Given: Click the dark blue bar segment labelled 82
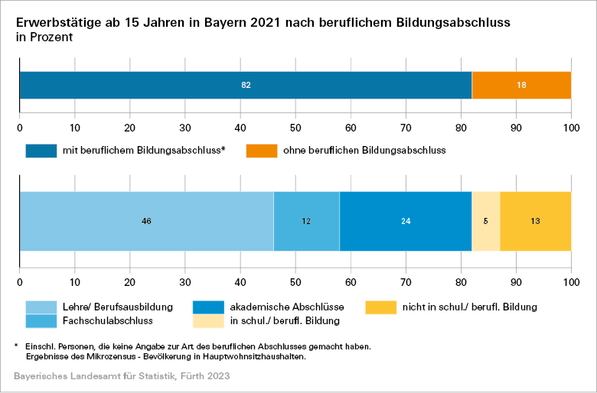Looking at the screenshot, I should (x=246, y=85).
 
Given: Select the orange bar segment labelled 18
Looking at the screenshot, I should (x=521, y=85).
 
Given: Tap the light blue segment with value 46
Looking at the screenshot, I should (x=146, y=221).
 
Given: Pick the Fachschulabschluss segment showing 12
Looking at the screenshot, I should (x=306, y=221).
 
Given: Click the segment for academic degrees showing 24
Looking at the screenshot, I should (x=406, y=221).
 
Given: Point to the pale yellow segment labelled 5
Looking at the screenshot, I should (x=486, y=221).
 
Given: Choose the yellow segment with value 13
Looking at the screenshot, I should (x=536, y=221).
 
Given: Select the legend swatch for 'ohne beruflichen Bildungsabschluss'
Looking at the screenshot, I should (x=262, y=151).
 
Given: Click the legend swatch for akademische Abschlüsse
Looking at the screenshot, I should (x=208, y=307).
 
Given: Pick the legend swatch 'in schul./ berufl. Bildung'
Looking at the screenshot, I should (x=208, y=321).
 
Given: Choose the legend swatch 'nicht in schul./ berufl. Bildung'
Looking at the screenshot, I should (x=380, y=307).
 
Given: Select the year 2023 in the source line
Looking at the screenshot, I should (x=217, y=377).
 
